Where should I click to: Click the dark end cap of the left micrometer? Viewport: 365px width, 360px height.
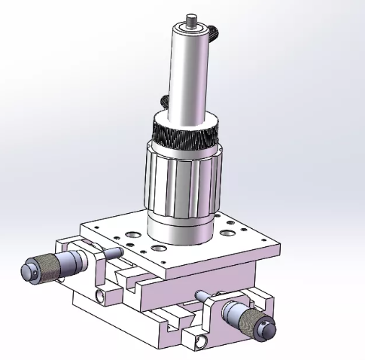pyautogui.click(x=28, y=270)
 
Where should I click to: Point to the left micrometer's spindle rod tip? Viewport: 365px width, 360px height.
pyautogui.click(x=120, y=252)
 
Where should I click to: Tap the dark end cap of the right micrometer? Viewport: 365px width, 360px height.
pyautogui.click(x=267, y=328)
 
